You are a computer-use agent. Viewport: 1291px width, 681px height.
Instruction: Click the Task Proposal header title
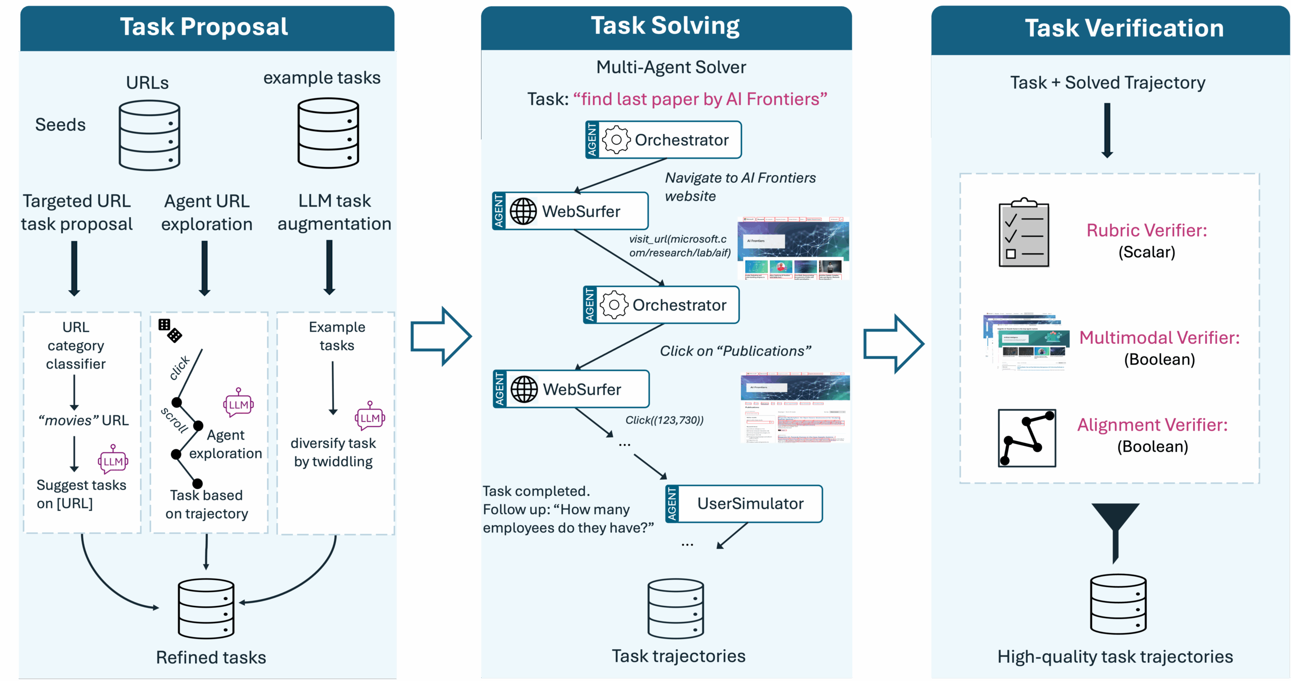point(204,27)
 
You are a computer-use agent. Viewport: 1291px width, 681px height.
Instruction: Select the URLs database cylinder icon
point(149,135)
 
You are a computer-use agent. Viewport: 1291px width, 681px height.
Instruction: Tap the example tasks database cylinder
point(328,133)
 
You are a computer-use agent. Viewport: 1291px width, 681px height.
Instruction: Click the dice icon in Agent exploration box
point(169,331)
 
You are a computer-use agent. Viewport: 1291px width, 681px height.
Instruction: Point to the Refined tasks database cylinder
point(206,609)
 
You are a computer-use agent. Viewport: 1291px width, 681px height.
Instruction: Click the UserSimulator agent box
point(744,504)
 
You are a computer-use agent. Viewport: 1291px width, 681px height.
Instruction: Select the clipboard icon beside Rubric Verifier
point(1024,233)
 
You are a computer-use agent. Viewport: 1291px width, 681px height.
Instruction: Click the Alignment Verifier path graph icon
point(1027,438)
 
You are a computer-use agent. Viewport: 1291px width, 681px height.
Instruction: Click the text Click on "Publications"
point(735,351)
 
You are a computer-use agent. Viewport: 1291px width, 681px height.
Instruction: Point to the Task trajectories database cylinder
point(676,609)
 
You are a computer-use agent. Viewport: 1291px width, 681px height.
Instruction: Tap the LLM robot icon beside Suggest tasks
point(113,460)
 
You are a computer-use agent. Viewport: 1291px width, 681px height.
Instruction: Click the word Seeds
point(60,125)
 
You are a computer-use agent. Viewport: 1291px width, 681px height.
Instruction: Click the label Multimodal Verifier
point(1159,337)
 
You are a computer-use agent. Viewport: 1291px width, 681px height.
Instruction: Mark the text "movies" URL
point(84,420)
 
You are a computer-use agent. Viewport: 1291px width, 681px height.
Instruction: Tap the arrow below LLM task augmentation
point(329,268)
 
